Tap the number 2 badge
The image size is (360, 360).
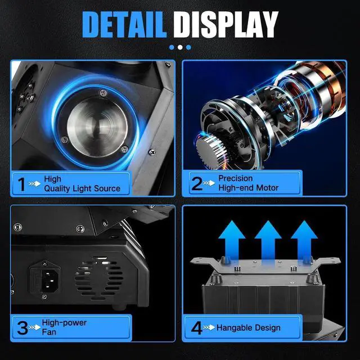point(197,183)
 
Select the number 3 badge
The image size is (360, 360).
point(22,327)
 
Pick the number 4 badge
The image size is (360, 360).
point(197,327)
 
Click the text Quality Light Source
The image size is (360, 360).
point(82,188)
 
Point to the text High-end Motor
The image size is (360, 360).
point(249,188)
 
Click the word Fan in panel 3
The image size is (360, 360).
point(49,333)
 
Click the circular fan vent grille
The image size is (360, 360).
point(99,276)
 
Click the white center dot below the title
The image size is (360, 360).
point(179,47)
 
